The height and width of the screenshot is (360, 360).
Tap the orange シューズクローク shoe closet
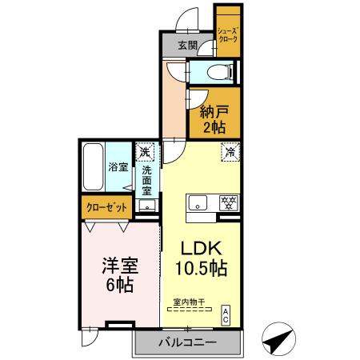227,33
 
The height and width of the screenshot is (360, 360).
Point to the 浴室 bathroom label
118,167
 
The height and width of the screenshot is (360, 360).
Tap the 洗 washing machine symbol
145,151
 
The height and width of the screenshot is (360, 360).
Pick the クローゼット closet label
106,207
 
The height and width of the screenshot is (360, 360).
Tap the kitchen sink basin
196,202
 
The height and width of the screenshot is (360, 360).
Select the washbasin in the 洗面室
146,206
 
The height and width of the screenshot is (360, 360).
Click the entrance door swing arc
189,17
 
